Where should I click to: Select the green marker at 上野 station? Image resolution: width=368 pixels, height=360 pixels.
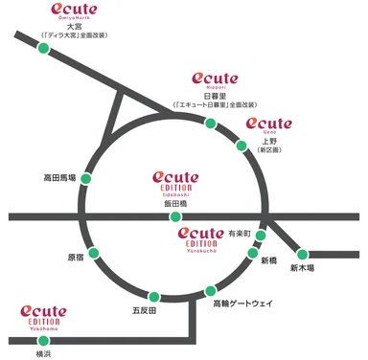(x=241, y=146)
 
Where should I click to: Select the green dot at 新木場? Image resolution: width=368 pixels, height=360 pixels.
(x=303, y=255)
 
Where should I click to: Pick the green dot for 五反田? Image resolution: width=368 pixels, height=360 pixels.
(x=152, y=295)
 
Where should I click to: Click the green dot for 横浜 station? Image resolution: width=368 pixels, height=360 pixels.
(x=40, y=339)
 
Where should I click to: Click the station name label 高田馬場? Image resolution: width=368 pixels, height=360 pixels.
(x=59, y=178)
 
